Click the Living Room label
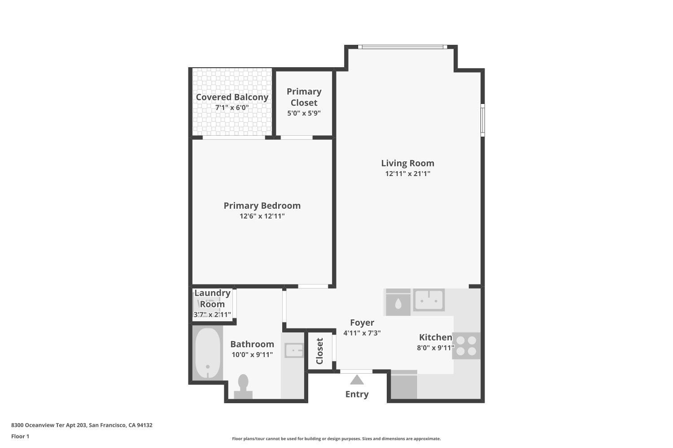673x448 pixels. tap(407, 163)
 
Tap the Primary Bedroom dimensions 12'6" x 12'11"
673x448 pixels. tap(262, 216)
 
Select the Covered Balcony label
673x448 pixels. tap(232, 97)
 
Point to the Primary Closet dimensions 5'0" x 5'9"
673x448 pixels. tap(304, 113)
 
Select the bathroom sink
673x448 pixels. tap(294, 349)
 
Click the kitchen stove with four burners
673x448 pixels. tap(466, 346)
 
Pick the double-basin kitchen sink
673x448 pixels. tap(428, 300)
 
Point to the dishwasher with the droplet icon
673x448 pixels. tap(398, 302)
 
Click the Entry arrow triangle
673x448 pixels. tap(357, 380)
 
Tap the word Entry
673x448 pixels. tap(357, 394)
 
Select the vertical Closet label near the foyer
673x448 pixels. tap(319, 351)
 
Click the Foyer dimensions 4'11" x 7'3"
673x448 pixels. tap(362, 333)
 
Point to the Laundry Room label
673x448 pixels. tap(212, 298)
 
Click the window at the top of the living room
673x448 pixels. tap(402, 47)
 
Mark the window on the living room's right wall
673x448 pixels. tap(483, 120)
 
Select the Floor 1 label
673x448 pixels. tap(20, 436)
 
